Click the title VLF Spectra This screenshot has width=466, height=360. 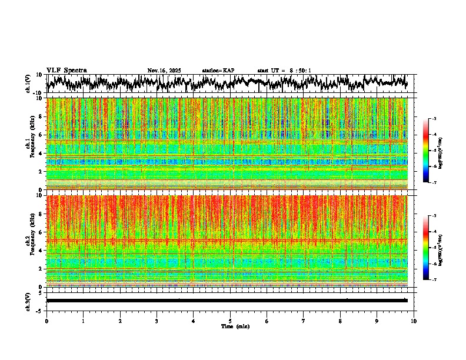(66, 70)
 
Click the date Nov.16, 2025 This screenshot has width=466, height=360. (164, 71)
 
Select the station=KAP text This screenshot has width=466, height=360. (218, 71)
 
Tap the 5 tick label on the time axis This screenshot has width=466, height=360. (230, 321)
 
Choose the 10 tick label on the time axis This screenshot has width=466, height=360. (414, 321)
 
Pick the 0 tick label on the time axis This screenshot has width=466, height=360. (46, 321)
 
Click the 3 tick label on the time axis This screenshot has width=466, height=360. (157, 321)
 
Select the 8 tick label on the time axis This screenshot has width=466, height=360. (340, 321)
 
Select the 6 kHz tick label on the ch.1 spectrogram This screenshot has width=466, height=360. (41, 135)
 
